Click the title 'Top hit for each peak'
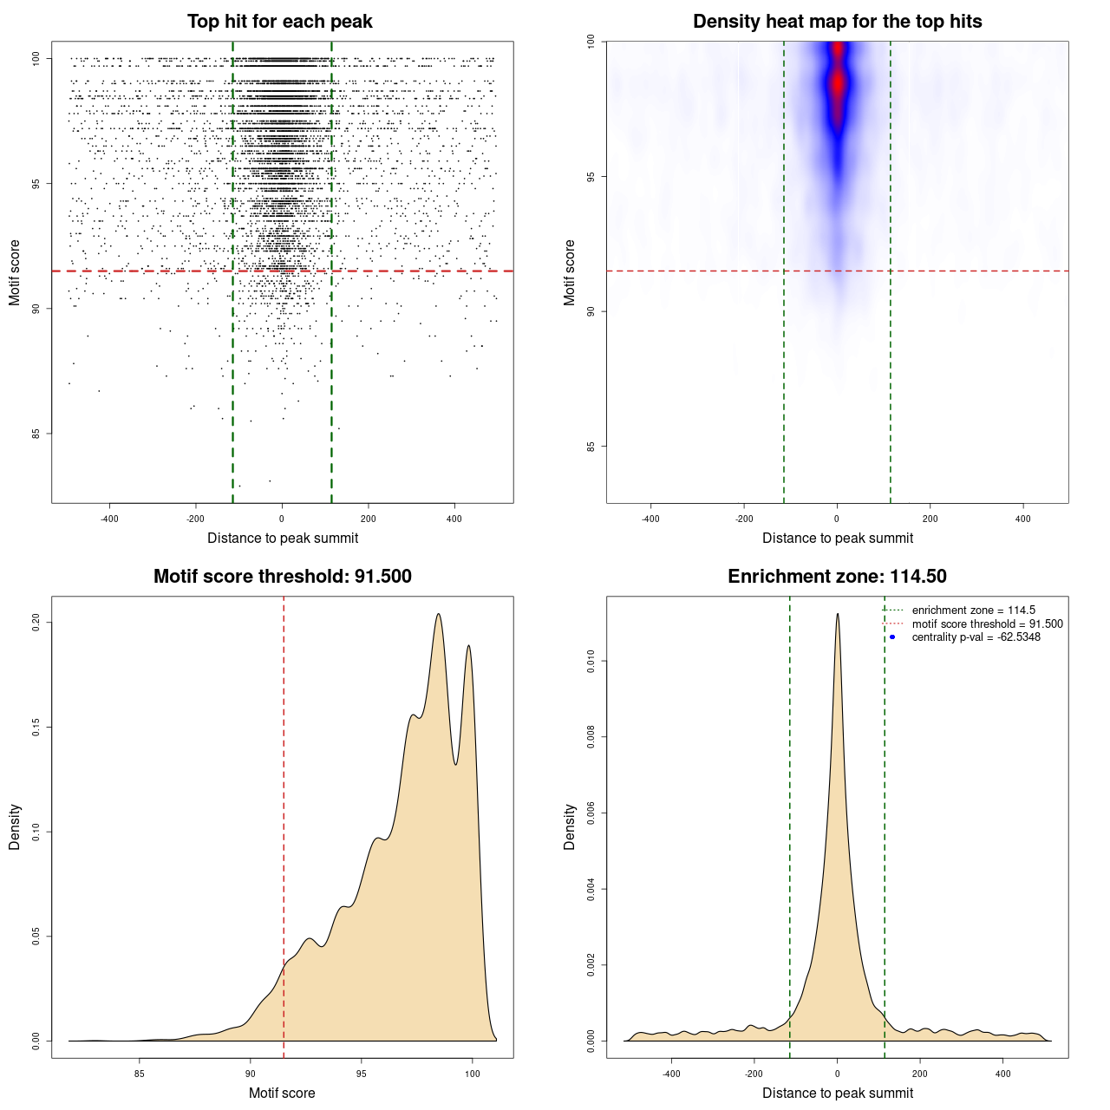coord(279,22)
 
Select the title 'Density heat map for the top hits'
coord(837,22)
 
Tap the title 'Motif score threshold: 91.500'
coord(282,577)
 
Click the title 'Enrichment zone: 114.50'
coord(837,577)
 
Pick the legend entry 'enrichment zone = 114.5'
coord(973,610)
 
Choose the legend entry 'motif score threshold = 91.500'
coord(987,624)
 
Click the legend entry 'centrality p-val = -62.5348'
coord(976,637)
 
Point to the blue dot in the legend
coord(892,637)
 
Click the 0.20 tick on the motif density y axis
coord(36,622)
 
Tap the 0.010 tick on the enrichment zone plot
coord(591,662)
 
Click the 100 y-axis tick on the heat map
coord(591,41)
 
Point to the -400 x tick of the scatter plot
coord(109,519)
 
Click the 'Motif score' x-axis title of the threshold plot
coord(282,1093)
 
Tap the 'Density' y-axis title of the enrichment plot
coord(570,826)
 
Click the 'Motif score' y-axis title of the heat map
coord(570,272)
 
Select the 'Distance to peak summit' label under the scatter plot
coord(283,538)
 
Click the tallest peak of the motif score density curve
coord(439,615)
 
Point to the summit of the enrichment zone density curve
coord(838,614)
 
